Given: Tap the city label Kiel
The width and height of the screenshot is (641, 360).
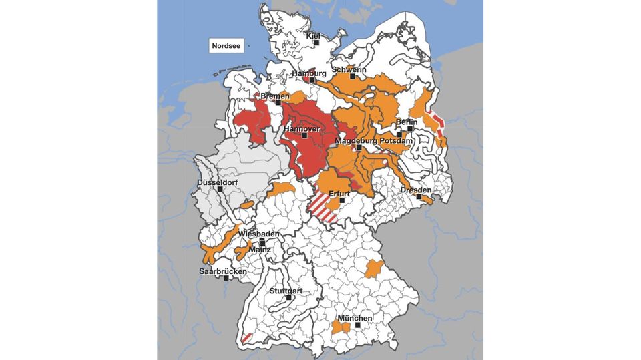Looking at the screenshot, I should [x=313, y=36].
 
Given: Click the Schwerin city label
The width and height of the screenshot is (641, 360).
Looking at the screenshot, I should [x=349, y=69].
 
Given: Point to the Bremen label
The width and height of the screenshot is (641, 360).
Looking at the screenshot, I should [x=275, y=96].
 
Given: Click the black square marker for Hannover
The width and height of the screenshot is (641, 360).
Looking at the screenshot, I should [x=304, y=135].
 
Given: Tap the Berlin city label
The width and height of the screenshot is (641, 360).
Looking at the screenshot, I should [x=407, y=122].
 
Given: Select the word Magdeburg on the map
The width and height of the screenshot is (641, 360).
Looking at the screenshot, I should [x=356, y=141].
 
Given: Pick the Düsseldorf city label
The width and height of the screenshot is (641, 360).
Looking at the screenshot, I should [x=218, y=182].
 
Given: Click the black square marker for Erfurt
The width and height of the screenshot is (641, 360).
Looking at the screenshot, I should [x=342, y=200].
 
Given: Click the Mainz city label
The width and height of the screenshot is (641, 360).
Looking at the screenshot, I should [x=259, y=249].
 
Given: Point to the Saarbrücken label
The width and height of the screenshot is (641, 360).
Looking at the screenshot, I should [x=223, y=271].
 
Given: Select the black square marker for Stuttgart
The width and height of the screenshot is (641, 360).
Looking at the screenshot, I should [x=288, y=297].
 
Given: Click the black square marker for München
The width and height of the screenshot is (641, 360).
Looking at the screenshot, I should [x=357, y=325].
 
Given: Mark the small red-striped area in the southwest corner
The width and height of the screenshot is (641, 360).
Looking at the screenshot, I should [x=246, y=338].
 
